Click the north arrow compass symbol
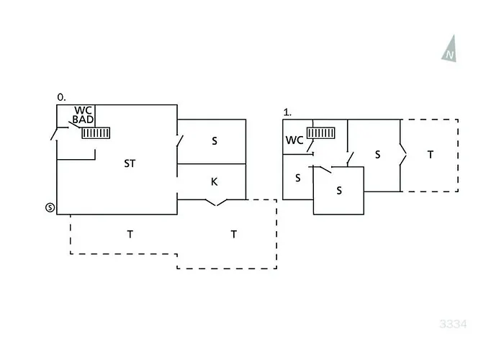tap(450, 49)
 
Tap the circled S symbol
tap(50, 207)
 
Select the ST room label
tap(130, 163)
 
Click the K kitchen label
tap(214, 182)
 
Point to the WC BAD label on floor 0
tap(83, 115)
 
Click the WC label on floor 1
tap(294, 140)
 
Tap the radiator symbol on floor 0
tap(96, 133)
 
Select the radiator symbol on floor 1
tap(321, 132)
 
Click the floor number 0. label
tap(61, 97)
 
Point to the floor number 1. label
tap(287, 112)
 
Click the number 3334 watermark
tap(453, 324)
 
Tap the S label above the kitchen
tap(215, 141)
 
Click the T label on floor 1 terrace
tap(431, 155)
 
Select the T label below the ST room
tap(130, 234)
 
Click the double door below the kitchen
tap(216, 202)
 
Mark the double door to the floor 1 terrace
tap(402, 155)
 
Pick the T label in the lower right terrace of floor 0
tap(234, 234)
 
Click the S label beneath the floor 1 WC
tap(298, 178)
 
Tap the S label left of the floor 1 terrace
tap(378, 155)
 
